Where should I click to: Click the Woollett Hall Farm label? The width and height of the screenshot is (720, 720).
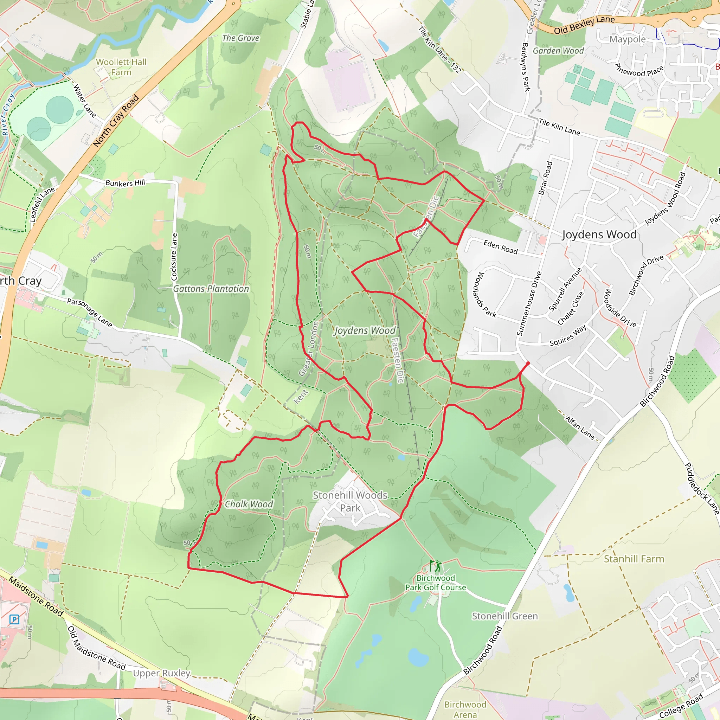click(x=121, y=67)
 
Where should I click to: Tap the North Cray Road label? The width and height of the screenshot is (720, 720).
click(x=116, y=121)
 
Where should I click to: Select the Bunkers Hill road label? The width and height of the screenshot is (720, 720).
click(x=125, y=182)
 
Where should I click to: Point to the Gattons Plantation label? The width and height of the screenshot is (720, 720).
click(x=211, y=289)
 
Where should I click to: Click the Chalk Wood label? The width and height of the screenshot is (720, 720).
click(x=249, y=504)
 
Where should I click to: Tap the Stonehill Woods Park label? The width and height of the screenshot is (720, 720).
click(x=350, y=501)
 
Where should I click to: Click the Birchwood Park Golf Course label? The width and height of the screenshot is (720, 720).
click(x=435, y=583)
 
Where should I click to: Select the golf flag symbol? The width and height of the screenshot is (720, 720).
click(x=435, y=566)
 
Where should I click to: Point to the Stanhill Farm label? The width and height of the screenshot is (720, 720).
click(x=634, y=559)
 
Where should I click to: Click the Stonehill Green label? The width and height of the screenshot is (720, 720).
click(x=505, y=616)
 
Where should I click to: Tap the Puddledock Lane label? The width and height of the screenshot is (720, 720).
click(x=702, y=489)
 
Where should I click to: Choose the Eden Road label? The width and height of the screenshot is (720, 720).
click(x=501, y=247)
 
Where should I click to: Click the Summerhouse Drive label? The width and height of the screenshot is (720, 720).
click(x=529, y=303)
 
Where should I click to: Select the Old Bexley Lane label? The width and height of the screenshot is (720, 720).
click(x=584, y=25)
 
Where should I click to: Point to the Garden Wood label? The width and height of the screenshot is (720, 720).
click(x=558, y=51)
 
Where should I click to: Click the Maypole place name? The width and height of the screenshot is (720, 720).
click(x=628, y=39)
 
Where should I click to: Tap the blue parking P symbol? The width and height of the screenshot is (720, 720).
click(x=14, y=620)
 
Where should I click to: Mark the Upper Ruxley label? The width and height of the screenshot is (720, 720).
click(x=162, y=673)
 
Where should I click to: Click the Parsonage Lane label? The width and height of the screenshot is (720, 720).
click(x=89, y=312)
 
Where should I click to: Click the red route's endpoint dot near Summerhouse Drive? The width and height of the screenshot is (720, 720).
click(x=528, y=363)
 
